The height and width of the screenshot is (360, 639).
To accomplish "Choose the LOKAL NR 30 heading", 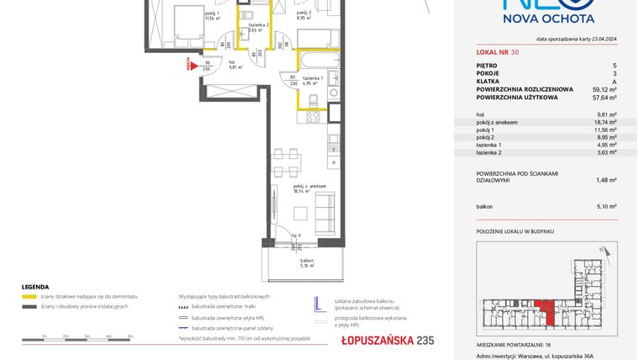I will tap(497, 52).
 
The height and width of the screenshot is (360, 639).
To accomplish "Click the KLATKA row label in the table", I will tap(488, 81).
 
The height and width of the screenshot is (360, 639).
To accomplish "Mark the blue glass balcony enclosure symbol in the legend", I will tap(319, 304).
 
